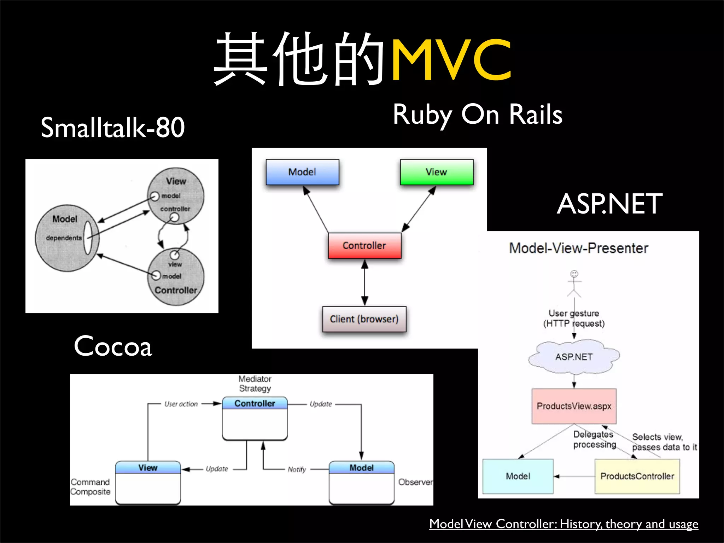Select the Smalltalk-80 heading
point(112,128)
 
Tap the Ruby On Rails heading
point(477,115)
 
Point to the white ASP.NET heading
point(609,204)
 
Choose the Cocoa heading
point(113,346)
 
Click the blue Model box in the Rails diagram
point(302,172)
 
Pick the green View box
point(437,172)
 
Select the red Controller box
point(364,246)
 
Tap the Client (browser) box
point(364,319)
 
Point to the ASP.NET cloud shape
point(574,357)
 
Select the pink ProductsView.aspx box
point(574,406)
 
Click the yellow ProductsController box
point(637,476)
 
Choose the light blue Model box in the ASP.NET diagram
point(518,476)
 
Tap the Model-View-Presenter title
point(579,248)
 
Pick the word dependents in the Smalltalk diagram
point(64,238)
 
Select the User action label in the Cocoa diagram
point(181,404)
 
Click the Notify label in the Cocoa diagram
point(297,469)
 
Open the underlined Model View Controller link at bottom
point(564,524)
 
